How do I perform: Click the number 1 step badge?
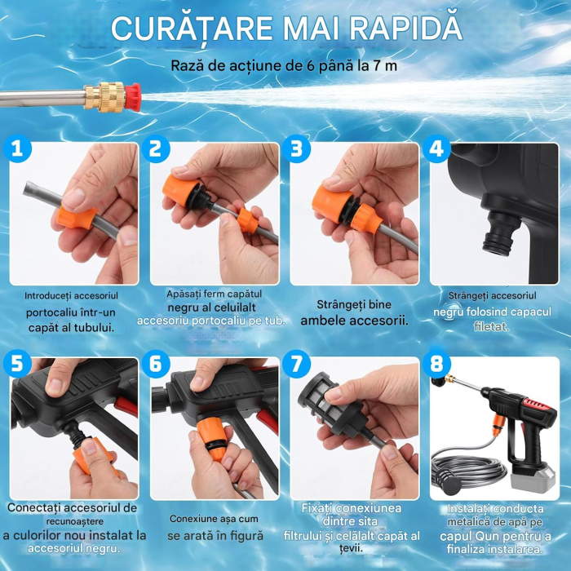pyautogui.click(x=16, y=148)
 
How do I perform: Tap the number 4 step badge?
pyautogui.click(x=439, y=148)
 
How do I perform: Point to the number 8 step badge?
pyautogui.click(x=439, y=361)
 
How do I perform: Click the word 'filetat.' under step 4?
pyautogui.click(x=493, y=326)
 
